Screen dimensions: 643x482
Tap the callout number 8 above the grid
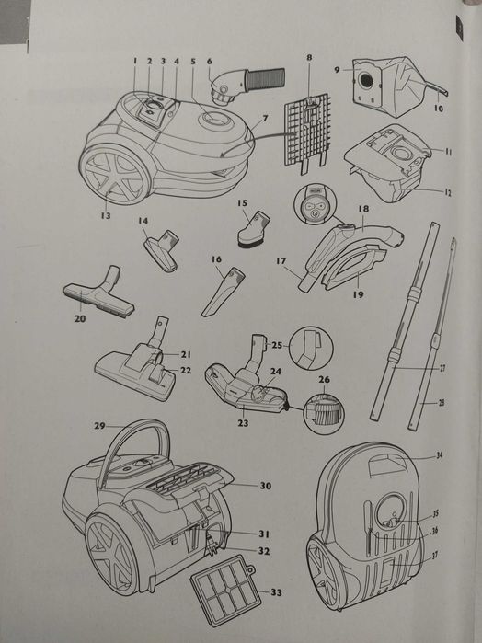(x=309, y=58)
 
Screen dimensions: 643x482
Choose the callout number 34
(x=439, y=454)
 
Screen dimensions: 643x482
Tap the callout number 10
(x=438, y=109)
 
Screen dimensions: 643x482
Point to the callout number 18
(x=363, y=210)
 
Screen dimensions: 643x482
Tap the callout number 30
(x=265, y=486)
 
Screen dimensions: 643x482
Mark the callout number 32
(x=263, y=551)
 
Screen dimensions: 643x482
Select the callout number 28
(x=442, y=402)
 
